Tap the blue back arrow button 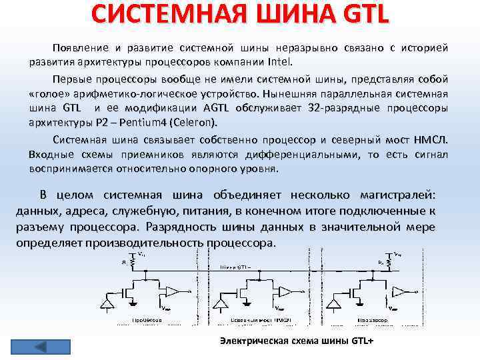point(40,346)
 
